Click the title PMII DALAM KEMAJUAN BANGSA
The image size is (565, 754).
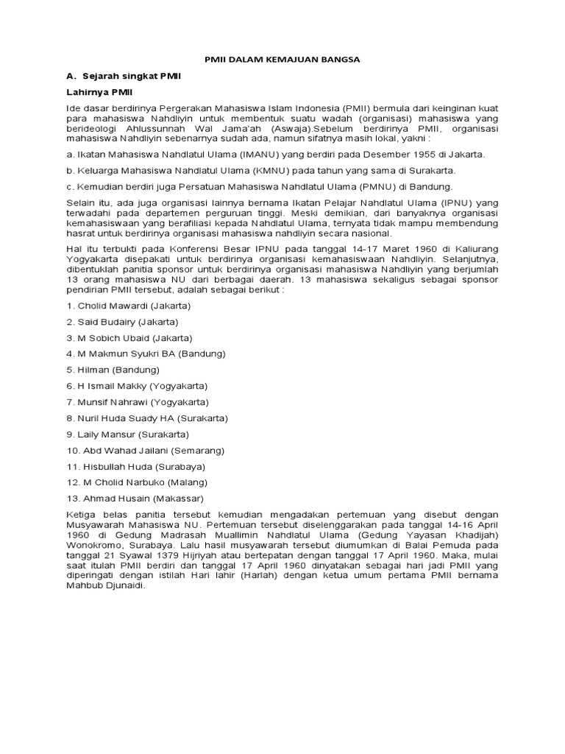[282, 59]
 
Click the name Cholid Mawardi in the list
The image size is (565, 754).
[111, 305]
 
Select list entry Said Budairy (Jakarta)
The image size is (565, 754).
[122, 321]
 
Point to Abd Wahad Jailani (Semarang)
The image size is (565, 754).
[146, 451]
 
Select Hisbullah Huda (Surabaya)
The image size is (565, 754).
[136, 467]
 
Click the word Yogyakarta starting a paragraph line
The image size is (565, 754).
[90, 258]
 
